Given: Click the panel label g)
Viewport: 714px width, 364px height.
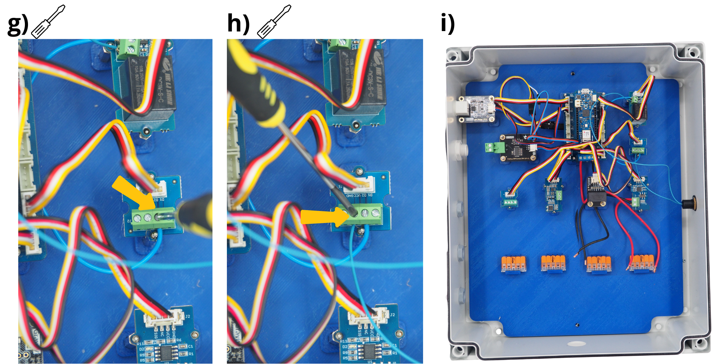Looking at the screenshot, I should [x=17, y=24].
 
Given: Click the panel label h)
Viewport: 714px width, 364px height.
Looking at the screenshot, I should [x=238, y=24].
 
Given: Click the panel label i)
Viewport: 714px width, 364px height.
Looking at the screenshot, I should [x=448, y=24].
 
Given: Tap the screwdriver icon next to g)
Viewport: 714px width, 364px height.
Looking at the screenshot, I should [x=48, y=22].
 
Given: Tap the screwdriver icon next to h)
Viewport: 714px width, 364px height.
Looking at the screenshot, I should [x=274, y=22].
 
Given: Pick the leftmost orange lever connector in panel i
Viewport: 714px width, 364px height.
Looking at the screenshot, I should [x=513, y=264].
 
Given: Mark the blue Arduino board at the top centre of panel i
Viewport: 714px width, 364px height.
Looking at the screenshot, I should [x=583, y=122].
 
